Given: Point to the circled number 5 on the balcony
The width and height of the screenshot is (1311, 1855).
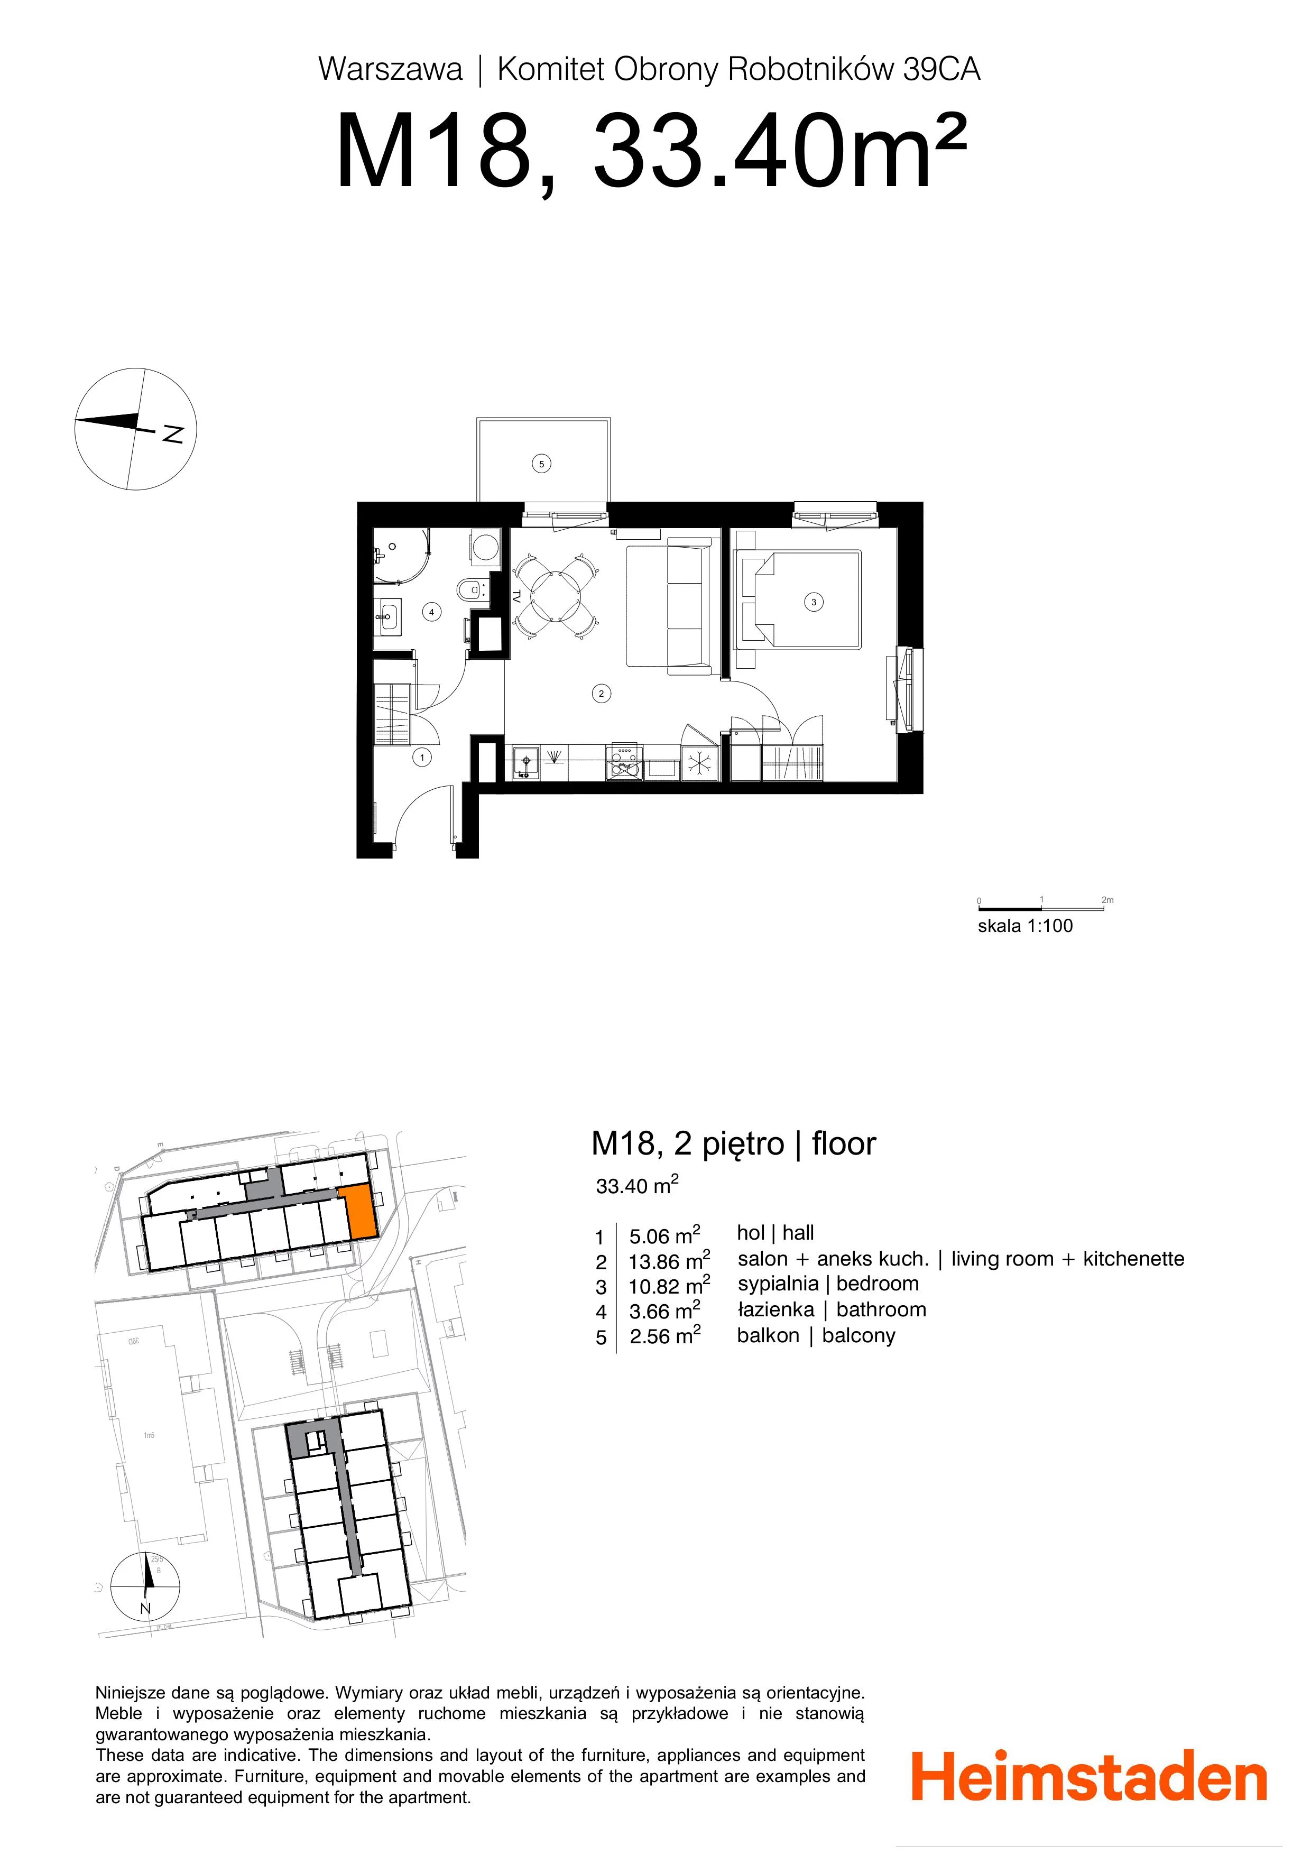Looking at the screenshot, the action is [x=542, y=464].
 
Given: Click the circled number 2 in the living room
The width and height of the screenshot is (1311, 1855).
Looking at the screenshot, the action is [x=601, y=693].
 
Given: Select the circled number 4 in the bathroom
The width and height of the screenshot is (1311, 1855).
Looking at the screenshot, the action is [x=431, y=612].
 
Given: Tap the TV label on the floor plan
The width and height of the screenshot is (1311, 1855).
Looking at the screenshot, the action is [x=516, y=596].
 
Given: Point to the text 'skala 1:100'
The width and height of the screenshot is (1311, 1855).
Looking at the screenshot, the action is [x=1025, y=926].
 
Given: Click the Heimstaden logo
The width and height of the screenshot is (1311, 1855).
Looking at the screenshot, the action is [x=1089, y=1775].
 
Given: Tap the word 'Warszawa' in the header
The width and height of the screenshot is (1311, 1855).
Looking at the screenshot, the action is [x=390, y=69].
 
